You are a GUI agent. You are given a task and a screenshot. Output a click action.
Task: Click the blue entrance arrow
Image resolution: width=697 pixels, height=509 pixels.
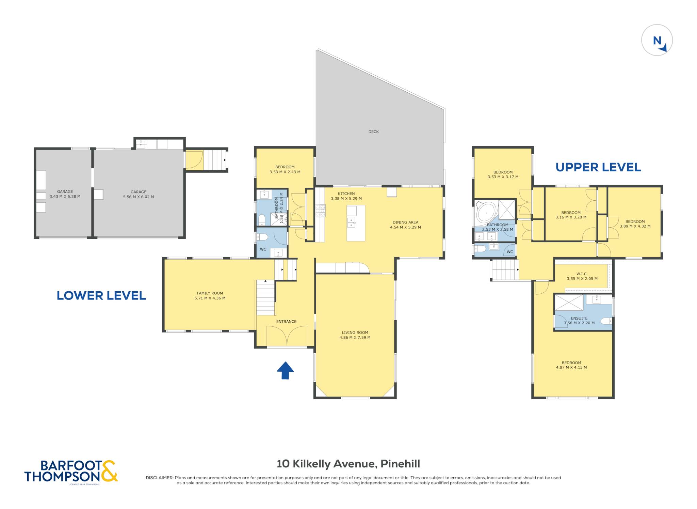[285, 370]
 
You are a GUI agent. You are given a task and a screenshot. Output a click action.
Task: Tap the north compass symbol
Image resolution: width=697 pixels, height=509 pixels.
[657, 40]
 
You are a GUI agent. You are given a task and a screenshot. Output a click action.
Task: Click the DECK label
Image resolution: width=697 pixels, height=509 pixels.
[373, 132]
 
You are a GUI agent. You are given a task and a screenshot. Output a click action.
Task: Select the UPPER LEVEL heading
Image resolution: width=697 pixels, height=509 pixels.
[598, 167]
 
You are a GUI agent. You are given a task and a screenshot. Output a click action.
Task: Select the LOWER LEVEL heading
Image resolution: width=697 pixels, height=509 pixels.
[101, 295]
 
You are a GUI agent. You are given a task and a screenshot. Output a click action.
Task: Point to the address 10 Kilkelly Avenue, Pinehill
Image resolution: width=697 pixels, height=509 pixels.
[348, 464]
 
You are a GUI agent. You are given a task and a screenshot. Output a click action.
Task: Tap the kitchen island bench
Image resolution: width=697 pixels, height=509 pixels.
[356, 223]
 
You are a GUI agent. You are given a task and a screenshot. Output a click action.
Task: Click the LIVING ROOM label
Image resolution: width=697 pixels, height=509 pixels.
[355, 333]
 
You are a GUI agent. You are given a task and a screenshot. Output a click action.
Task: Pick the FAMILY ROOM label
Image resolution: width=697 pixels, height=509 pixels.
[210, 293]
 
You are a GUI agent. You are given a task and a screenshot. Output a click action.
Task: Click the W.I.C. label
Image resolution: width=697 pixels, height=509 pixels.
[582, 274]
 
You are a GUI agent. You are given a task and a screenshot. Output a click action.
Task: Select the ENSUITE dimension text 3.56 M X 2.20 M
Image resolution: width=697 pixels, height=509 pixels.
[579, 323]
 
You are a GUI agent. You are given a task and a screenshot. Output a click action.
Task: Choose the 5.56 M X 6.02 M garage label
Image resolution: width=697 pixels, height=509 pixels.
[139, 197]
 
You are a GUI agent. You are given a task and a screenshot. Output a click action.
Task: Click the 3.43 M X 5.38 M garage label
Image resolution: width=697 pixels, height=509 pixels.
[65, 196]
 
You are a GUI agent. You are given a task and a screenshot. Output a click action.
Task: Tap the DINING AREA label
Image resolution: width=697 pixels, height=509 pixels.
[405, 222]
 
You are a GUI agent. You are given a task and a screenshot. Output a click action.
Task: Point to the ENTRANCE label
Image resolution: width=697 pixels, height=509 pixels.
[286, 321]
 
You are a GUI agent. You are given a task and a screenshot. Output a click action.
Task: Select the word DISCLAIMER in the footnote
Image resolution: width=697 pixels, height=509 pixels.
[160, 478]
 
